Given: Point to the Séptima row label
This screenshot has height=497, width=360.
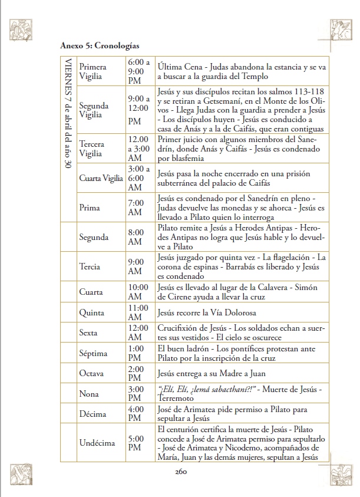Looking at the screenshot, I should [x=93, y=354].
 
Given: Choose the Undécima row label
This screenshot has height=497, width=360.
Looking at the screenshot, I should [x=97, y=443].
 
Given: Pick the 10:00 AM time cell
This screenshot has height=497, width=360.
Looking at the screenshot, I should [x=138, y=292].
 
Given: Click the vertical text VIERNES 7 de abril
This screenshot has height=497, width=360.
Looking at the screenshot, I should [x=68, y=112].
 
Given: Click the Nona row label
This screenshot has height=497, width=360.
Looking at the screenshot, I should [x=89, y=393].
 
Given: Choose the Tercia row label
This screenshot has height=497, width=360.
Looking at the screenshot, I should [x=90, y=266].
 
